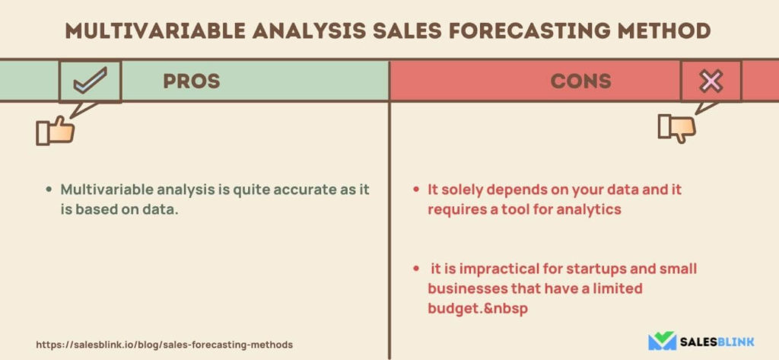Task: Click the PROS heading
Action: pyautogui.click(x=191, y=81)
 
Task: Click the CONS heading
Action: pyautogui.click(x=580, y=81)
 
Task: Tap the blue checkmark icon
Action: pyautogui.click(x=90, y=81)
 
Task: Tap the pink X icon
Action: pyautogui.click(x=711, y=81)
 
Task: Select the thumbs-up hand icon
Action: pyautogui.click(x=55, y=131)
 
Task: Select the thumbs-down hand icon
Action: pyautogui.click(x=676, y=128)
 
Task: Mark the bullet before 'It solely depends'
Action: pyautogui.click(x=416, y=190)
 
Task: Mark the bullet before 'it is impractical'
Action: pyautogui.click(x=416, y=269)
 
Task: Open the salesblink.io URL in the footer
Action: pyautogui.click(x=164, y=344)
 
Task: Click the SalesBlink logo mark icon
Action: pyautogui.click(x=662, y=341)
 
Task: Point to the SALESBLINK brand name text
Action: pyautogui.click(x=717, y=342)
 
